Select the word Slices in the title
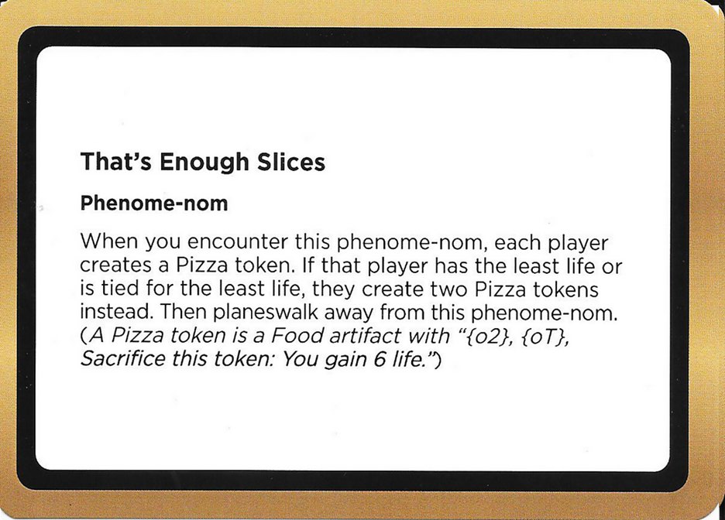[x=290, y=163]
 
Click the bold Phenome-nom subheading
[x=154, y=204]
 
